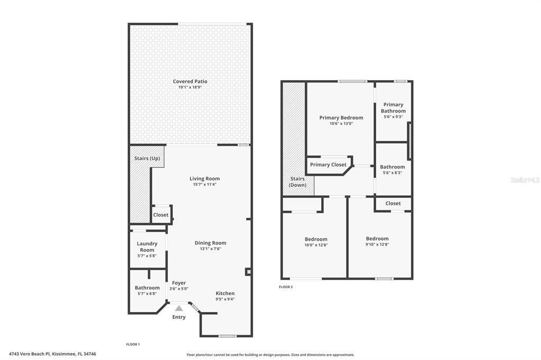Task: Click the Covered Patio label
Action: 190,81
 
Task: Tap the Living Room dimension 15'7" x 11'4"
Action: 204,184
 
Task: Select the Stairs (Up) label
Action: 147,158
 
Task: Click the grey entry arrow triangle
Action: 179,308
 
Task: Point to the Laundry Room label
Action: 147,247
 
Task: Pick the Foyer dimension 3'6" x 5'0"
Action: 179,289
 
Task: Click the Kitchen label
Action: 225,293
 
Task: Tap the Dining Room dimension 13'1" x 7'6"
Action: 210,249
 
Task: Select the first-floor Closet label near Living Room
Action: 161,215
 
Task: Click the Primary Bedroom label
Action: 341,118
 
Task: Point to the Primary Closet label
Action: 328,165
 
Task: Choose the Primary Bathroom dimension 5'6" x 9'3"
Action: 393,117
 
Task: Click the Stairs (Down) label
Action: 297,182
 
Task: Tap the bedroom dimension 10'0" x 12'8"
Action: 316,245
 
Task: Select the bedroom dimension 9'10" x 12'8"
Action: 377,244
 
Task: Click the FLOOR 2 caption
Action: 286,287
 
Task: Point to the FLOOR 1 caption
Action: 133,344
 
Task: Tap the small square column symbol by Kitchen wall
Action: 248,272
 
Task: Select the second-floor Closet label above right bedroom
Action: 393,203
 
